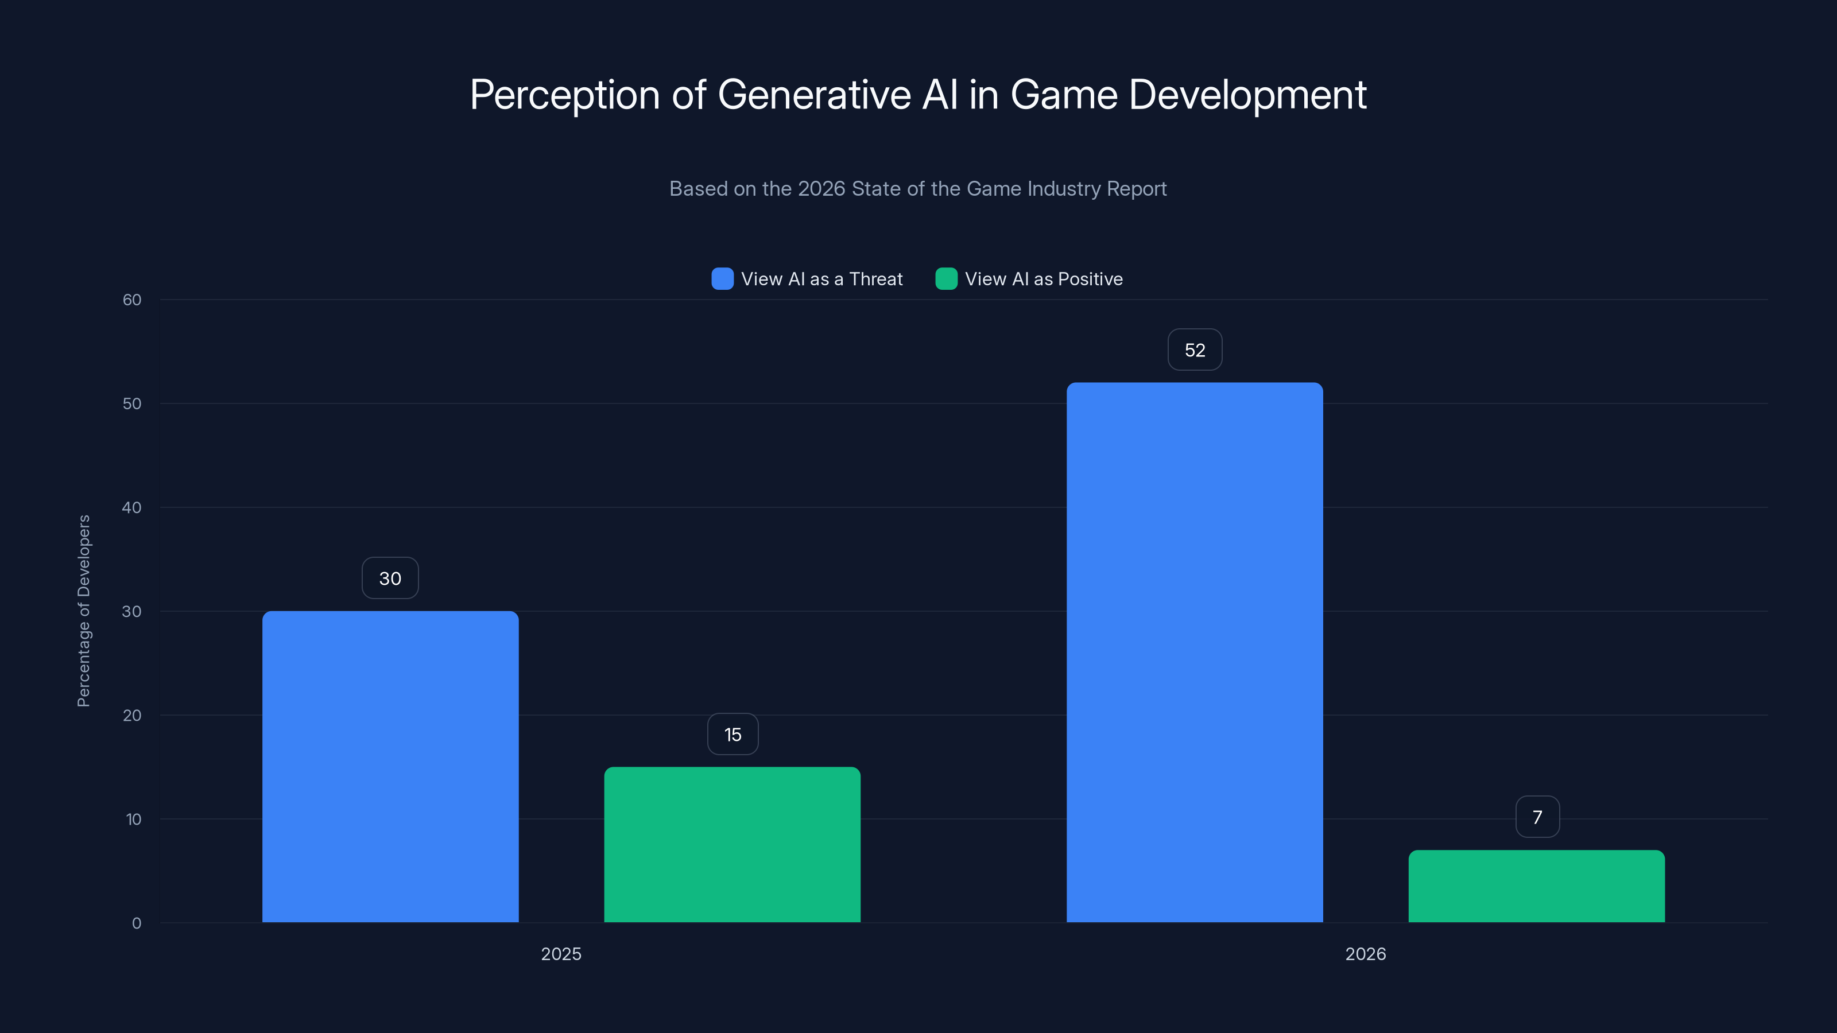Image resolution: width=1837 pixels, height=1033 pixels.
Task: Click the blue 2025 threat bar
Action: point(390,766)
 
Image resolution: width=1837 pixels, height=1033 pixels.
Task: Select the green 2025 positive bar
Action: point(733,845)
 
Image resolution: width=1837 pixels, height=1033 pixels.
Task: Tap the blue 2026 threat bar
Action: point(1195,653)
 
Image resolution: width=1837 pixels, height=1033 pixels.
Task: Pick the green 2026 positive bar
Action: point(1537,886)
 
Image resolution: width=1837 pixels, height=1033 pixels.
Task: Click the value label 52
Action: point(1195,350)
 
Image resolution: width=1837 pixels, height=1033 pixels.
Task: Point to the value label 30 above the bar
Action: point(390,578)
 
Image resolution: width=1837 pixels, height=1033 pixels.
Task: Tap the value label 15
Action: point(733,735)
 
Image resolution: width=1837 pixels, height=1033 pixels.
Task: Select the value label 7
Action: point(1537,817)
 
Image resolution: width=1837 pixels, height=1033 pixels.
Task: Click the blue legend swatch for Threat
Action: point(722,279)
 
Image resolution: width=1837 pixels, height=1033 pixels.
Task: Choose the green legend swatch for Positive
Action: point(946,279)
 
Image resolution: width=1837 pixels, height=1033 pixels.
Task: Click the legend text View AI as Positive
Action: point(1043,279)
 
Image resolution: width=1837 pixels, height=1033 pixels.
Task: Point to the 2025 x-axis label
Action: point(561,954)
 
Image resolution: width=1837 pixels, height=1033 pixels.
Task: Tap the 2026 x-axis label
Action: point(1366,954)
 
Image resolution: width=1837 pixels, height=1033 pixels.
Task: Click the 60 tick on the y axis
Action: point(132,300)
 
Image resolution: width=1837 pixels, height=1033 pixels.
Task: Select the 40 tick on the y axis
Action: point(132,507)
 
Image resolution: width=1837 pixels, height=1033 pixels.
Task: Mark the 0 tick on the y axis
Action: point(136,923)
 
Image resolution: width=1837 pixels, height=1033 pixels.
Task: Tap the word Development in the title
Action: point(1247,95)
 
